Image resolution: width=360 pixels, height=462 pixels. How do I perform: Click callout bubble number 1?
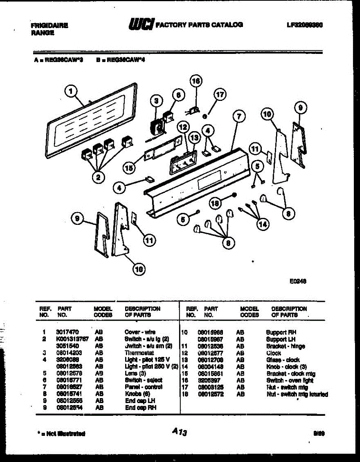pos(70,91)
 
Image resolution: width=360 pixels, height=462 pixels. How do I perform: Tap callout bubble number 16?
pos(196,81)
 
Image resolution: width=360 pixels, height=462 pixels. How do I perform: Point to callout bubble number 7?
pos(239,116)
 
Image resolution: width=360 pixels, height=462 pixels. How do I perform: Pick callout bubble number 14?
pos(263,225)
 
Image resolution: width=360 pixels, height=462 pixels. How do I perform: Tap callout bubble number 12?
pos(182,127)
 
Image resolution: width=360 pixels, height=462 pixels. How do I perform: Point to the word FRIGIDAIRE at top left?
pos(50,26)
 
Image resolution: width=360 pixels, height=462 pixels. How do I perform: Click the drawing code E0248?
pos(298,281)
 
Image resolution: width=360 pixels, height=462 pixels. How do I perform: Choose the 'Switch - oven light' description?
pos(287,380)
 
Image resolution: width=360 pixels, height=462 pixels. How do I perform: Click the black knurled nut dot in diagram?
pos(233,195)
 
